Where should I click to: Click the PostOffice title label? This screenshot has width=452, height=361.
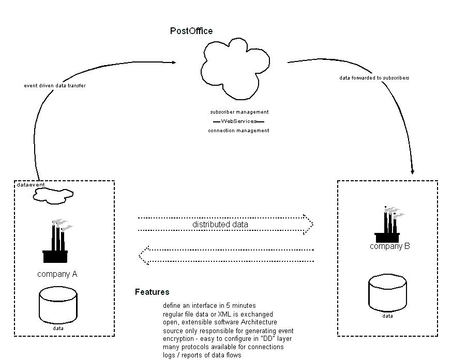191,31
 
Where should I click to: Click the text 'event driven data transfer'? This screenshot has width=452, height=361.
55,86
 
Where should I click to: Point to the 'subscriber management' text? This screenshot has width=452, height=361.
239,112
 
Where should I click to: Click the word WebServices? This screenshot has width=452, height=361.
239,121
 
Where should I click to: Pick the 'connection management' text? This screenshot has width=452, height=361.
238,131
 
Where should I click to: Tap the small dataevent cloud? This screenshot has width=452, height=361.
53,194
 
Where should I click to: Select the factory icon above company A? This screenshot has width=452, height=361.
56,242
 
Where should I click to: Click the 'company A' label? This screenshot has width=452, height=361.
57,274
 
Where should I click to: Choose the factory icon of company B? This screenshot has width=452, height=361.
388,225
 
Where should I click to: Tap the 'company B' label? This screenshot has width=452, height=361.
389,246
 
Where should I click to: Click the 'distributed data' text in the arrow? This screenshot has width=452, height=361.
220,225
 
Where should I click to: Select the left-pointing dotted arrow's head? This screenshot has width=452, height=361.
143,256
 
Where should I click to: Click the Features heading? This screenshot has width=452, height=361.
152,292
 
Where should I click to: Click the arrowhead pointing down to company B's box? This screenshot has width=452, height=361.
412,171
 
